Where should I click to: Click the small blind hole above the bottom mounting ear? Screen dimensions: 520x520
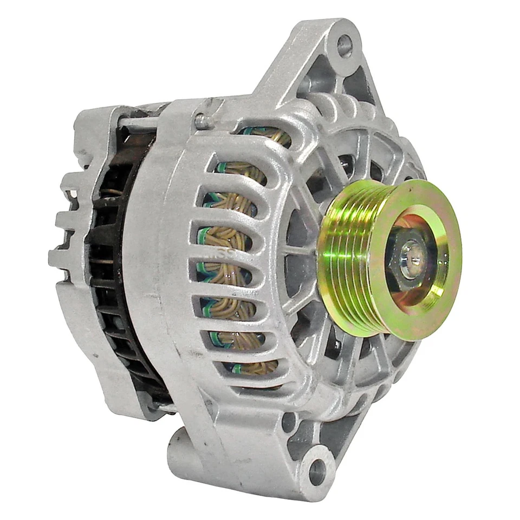[x=289, y=421]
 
